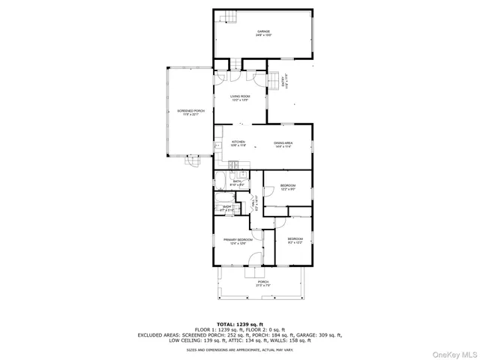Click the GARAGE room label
(x=263, y=32)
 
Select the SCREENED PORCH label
(x=190, y=112)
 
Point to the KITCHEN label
(x=238, y=143)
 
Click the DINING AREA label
(x=283, y=143)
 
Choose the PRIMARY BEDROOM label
(x=238, y=241)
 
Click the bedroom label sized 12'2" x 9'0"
(x=288, y=187)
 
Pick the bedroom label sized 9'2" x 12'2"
(x=294, y=240)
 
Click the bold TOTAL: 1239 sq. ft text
(x=240, y=323)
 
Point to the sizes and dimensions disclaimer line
(x=240, y=349)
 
